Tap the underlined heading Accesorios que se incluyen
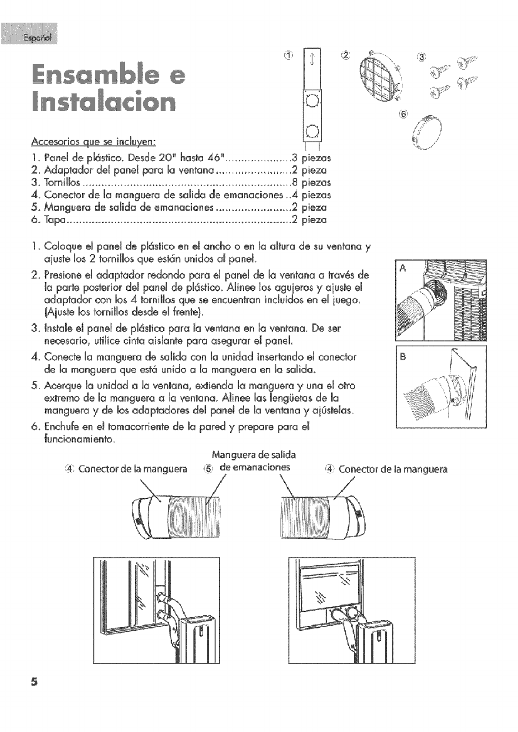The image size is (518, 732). pyautogui.click(x=94, y=142)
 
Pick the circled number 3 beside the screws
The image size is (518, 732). pyautogui.click(x=422, y=57)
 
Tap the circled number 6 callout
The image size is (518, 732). pyautogui.click(x=404, y=114)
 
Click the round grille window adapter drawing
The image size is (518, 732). pyautogui.click(x=375, y=77)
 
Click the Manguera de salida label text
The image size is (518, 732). pyautogui.click(x=254, y=455)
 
